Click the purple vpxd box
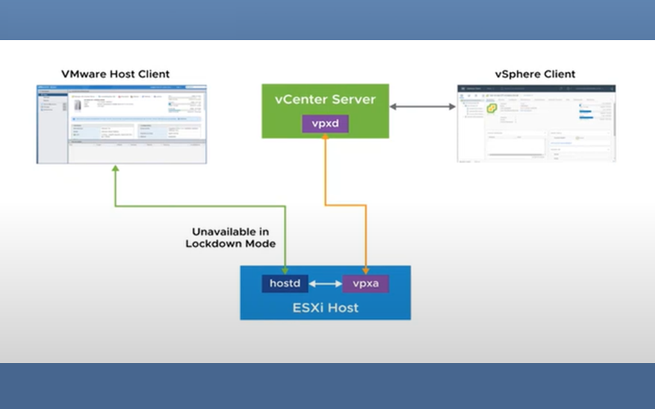coord(324,124)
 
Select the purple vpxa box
coord(365,284)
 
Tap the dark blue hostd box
coord(286,284)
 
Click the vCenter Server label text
coord(324,100)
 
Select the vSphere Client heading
coord(535,74)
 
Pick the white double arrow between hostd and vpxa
coord(325,284)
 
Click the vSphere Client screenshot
coord(535,124)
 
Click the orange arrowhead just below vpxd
coord(324,139)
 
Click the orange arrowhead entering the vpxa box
coord(365,269)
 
